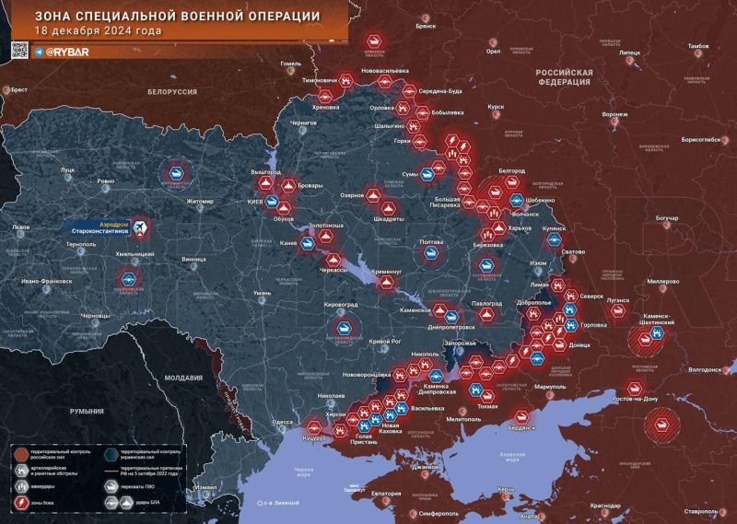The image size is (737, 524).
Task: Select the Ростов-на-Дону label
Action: [x=630, y=399]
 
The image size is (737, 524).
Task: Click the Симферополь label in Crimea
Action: [x=431, y=510]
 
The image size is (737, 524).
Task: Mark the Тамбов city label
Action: [x=697, y=46]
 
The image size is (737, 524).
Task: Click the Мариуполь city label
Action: [x=548, y=387]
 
